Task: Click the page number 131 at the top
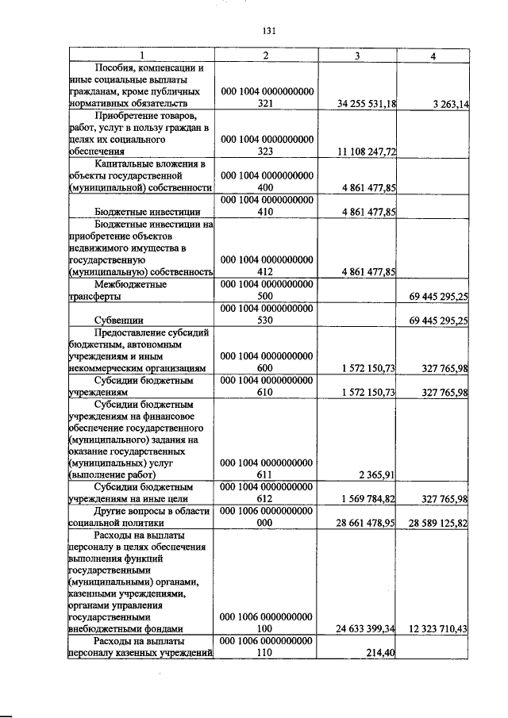tap(267, 32)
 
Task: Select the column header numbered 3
tap(357, 56)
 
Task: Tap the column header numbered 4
tap(433, 56)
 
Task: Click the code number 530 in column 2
tap(266, 321)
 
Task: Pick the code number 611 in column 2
tap(266, 475)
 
